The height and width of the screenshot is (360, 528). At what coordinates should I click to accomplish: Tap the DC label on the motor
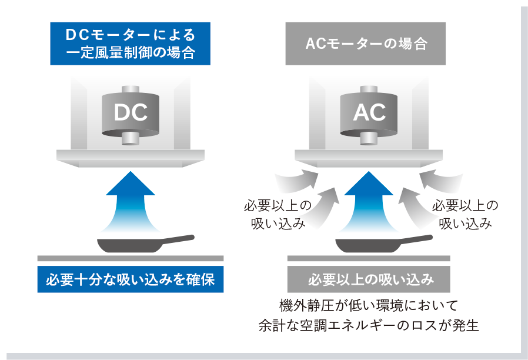click(131, 113)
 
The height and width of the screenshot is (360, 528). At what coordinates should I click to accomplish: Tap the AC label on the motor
click(369, 113)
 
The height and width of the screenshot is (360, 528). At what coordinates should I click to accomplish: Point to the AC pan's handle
click(414, 238)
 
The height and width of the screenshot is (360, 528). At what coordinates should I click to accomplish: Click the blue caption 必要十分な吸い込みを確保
click(131, 279)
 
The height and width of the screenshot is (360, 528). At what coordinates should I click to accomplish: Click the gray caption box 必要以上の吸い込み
click(369, 279)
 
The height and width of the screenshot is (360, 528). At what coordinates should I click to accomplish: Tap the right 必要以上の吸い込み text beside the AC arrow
click(465, 215)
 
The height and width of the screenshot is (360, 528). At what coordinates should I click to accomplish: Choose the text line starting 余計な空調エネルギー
click(369, 325)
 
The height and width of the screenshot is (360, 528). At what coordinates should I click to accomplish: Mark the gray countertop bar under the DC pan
click(131, 258)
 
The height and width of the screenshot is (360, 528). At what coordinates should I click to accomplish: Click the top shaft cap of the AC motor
click(369, 89)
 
